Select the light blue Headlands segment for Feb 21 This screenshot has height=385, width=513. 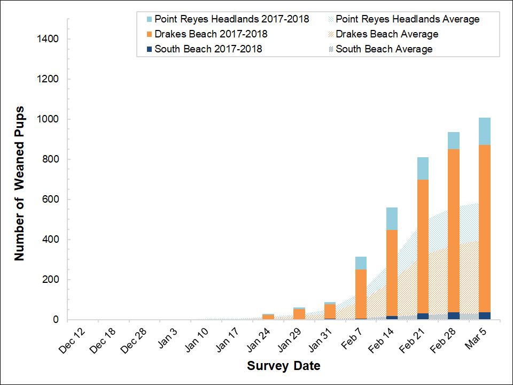point(422,168)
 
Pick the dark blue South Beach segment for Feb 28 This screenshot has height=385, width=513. point(453,315)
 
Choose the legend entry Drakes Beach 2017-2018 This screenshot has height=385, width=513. point(211,34)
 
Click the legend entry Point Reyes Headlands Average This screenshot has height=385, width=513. point(407,19)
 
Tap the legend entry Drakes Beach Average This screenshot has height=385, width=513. point(387,34)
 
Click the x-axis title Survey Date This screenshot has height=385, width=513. point(284,366)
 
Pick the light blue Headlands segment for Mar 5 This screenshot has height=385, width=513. point(484,131)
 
